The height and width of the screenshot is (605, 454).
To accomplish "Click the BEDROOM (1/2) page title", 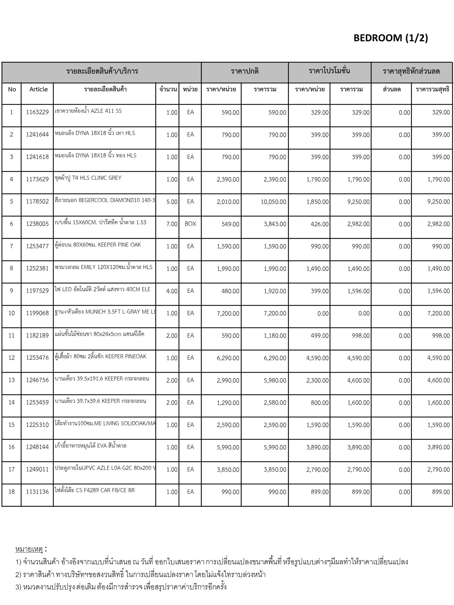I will (x=390, y=38).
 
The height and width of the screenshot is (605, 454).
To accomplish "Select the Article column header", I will (x=38, y=89).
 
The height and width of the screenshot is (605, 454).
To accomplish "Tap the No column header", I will (x=12, y=89).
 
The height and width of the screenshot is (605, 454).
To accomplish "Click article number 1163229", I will (x=37, y=112).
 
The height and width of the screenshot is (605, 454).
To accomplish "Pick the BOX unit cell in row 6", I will (x=190, y=224).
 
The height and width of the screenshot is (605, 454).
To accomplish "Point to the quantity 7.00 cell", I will (x=172, y=224).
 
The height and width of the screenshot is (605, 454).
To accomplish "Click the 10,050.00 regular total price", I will (x=273, y=202).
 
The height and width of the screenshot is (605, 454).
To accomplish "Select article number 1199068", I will (x=37, y=313).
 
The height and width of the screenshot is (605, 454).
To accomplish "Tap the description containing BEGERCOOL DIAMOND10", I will (x=105, y=200).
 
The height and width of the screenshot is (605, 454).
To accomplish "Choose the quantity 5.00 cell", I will (x=172, y=202).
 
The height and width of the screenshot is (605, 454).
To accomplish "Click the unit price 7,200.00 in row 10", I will (x=228, y=313).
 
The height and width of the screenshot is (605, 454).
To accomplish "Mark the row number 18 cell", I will (x=12, y=492).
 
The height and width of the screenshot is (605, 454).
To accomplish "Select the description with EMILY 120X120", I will (x=103, y=267).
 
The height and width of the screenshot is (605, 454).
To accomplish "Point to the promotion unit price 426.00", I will (x=320, y=224).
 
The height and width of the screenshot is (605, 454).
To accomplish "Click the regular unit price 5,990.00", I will (x=228, y=447).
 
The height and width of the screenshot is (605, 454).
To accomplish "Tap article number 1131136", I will (x=37, y=492).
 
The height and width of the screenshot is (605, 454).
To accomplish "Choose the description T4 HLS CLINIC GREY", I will (x=88, y=178).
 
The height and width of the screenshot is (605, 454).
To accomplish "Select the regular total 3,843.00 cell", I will (x=275, y=224).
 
